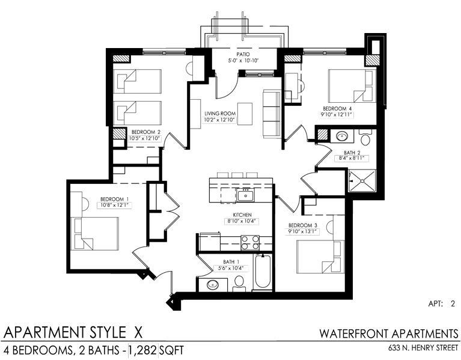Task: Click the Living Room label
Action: click(x=220, y=114)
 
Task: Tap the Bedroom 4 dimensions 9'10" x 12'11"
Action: click(x=337, y=115)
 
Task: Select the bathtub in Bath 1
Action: click(x=263, y=272)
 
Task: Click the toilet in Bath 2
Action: click(x=365, y=138)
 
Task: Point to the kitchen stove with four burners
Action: click(x=250, y=243)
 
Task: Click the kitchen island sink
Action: click(x=245, y=195)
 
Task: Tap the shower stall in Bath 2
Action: click(x=362, y=181)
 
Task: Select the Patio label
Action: click(x=243, y=54)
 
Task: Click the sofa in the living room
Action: click(x=272, y=114)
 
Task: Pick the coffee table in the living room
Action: click(x=245, y=114)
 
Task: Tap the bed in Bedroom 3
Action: click(x=320, y=257)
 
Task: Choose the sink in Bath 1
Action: click(x=213, y=284)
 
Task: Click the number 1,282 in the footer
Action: click(x=143, y=350)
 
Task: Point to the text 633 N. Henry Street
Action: click(x=423, y=348)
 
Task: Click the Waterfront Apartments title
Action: click(x=389, y=334)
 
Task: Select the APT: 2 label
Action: click(x=442, y=304)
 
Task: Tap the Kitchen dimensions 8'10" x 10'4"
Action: click(x=242, y=221)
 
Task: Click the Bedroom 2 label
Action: click(x=145, y=132)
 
